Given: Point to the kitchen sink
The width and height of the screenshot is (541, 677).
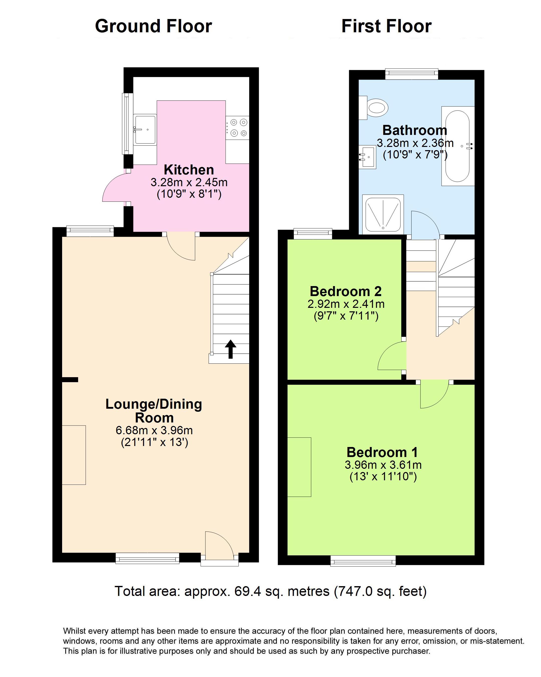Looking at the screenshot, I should pyautogui.click(x=145, y=129).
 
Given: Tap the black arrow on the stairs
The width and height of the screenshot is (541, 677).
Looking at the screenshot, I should pyautogui.click(x=231, y=349).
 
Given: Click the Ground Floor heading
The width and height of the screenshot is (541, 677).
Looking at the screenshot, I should pyautogui.click(x=153, y=26).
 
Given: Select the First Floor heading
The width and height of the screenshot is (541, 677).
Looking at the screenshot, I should pyautogui.click(x=386, y=26).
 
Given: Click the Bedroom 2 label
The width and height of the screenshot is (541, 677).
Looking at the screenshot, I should pyautogui.click(x=346, y=291).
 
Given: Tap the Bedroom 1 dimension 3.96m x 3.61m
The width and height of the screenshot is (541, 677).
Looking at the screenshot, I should pyautogui.click(x=383, y=465).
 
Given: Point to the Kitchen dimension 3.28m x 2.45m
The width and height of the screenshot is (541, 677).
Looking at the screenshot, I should pyautogui.click(x=189, y=182).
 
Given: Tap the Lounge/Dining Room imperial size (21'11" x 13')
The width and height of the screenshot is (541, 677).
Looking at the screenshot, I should pyautogui.click(x=154, y=442).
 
